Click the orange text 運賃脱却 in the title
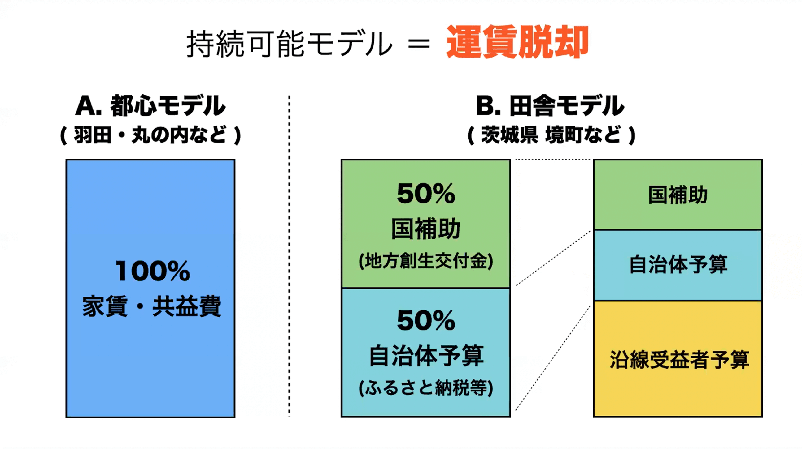click(517, 42)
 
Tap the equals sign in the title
click(419, 45)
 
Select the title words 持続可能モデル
click(289, 44)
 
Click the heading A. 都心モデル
click(150, 106)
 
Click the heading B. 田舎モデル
click(550, 106)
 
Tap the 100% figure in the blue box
click(153, 271)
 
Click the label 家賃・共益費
click(152, 306)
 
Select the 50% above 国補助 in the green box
click(426, 194)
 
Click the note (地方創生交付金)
click(426, 261)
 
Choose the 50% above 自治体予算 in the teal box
click(426, 321)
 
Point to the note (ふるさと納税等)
click(426, 388)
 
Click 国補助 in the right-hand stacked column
click(678, 195)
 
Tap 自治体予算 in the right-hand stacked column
click(678, 265)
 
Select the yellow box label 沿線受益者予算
click(679, 359)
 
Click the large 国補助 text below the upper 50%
click(426, 229)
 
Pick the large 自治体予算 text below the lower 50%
click(426, 355)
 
